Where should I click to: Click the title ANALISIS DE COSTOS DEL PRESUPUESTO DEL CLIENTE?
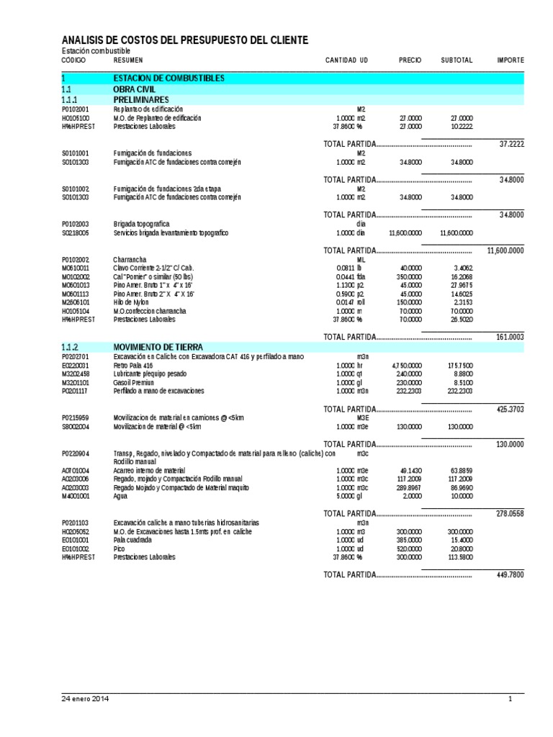pos(185,40)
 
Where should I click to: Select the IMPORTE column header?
pos(511,60)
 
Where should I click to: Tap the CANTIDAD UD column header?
pos(346,60)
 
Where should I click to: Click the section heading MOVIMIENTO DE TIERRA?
pos(155,347)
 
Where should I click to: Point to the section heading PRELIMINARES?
pos(141,99)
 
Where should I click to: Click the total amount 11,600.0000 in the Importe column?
pos(505,250)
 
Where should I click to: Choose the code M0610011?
pos(76,268)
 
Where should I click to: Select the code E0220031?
pos(76,366)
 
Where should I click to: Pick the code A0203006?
pos(76,479)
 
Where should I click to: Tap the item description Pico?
pos(120,548)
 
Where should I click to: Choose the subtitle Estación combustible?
pos(96,52)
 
